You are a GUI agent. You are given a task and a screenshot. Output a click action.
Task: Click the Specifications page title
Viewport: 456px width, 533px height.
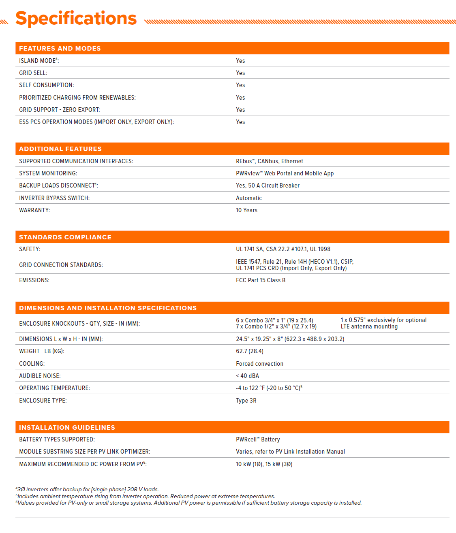pyautogui.click(x=76, y=19)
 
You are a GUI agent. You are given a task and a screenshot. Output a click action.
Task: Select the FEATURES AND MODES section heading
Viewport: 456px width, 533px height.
pyautogui.click(x=60, y=49)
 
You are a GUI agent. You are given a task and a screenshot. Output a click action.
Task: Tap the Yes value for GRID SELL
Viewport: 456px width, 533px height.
pyautogui.click(x=240, y=73)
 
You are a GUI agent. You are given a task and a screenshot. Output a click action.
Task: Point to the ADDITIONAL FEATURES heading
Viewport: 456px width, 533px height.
pyautogui.click(x=60, y=149)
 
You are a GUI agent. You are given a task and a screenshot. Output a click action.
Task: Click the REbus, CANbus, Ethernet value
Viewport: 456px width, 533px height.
pyautogui.click(x=270, y=161)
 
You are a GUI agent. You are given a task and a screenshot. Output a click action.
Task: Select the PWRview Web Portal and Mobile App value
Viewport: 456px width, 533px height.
pyautogui.click(x=285, y=173)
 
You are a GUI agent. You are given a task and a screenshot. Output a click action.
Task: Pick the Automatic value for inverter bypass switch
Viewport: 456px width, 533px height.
pyautogui.click(x=249, y=198)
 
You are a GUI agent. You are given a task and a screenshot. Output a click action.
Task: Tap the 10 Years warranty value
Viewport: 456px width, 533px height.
pyautogui.click(x=246, y=210)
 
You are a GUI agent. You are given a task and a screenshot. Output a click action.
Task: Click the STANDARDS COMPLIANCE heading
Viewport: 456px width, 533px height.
pyautogui.click(x=65, y=237)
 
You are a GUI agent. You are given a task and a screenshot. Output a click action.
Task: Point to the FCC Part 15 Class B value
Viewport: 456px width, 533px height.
pyautogui.click(x=261, y=280)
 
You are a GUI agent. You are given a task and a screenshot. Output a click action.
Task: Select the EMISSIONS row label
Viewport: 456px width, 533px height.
pyautogui.click(x=34, y=280)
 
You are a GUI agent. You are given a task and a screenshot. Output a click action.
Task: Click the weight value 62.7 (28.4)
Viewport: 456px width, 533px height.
pyautogui.click(x=250, y=351)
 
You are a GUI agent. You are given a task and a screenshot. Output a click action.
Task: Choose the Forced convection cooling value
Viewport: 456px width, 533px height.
pyautogui.click(x=260, y=364)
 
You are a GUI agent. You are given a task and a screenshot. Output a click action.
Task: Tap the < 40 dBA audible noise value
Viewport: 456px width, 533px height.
pyautogui.click(x=248, y=376)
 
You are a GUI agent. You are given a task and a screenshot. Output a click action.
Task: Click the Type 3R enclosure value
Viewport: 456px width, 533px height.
pyautogui.click(x=246, y=401)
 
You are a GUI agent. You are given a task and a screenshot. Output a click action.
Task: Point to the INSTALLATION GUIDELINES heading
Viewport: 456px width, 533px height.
pyautogui.click(x=67, y=428)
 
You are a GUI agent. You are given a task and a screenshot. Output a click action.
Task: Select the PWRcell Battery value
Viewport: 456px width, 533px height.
pyautogui.click(x=258, y=439)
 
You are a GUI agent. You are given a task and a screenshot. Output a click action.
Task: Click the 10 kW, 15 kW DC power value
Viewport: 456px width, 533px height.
pyautogui.click(x=264, y=464)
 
